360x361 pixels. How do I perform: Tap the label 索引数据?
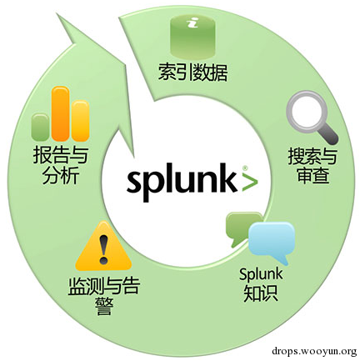(x=193, y=73)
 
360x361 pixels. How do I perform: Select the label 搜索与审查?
(x=312, y=166)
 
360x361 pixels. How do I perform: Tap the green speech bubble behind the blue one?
(x=241, y=228)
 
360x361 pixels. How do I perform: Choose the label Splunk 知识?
(x=261, y=284)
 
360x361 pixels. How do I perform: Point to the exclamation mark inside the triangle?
(x=103, y=249)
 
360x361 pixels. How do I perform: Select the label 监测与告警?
(x=103, y=295)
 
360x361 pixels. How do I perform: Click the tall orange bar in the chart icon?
(x=61, y=113)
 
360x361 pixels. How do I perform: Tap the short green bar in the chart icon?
(x=40, y=127)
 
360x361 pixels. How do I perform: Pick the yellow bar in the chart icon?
(x=81, y=121)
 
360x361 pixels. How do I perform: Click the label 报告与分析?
(x=60, y=165)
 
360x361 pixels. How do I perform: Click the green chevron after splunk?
(x=249, y=182)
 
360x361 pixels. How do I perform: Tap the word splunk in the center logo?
(x=182, y=181)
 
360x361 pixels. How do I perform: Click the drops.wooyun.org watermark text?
(x=314, y=351)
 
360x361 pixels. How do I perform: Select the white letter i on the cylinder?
(x=192, y=23)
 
